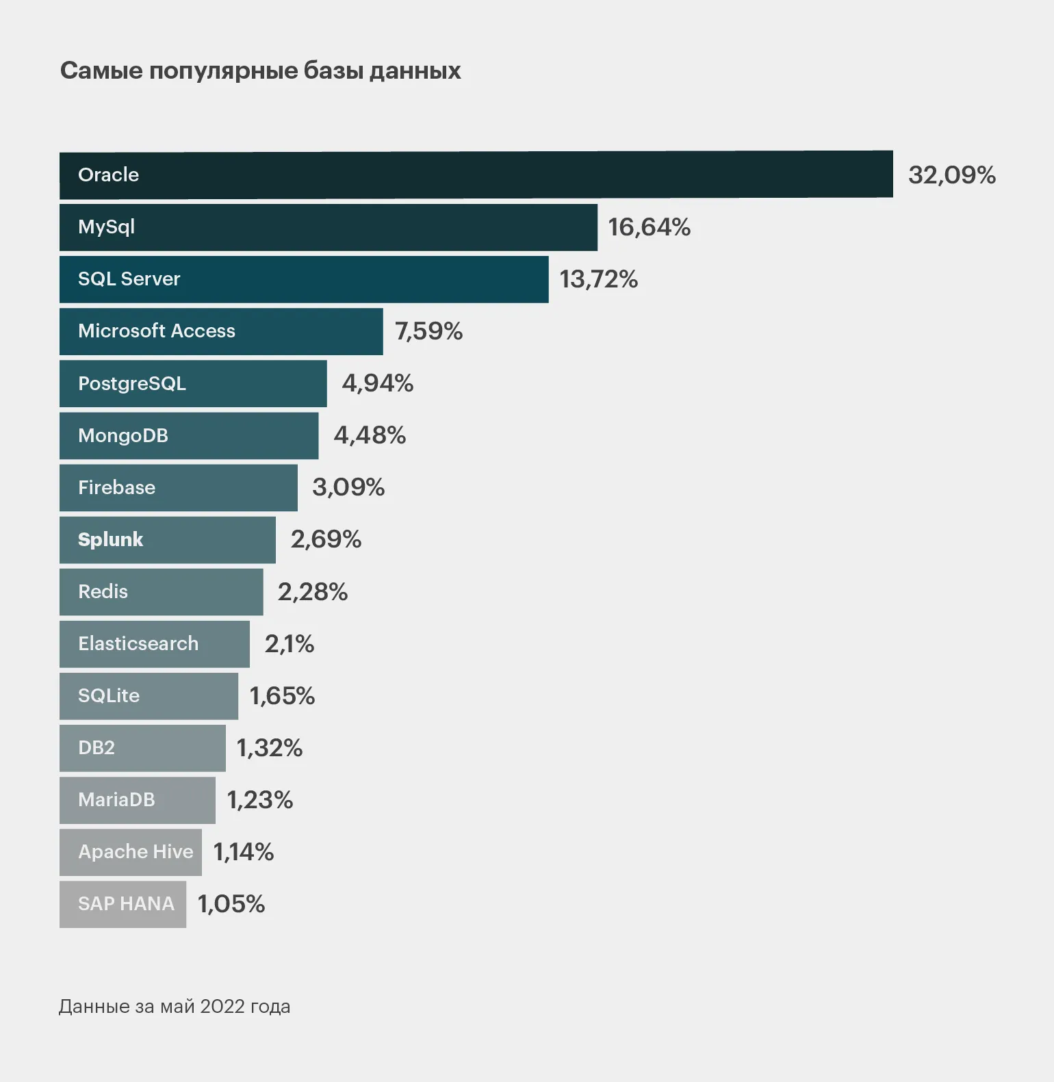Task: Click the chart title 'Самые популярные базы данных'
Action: coord(260,70)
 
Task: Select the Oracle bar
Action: coord(476,175)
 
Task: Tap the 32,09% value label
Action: coord(951,175)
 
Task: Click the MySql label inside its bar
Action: coord(106,227)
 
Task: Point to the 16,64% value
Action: coord(649,227)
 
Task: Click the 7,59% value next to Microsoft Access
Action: coord(428,331)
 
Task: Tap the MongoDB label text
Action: coord(123,436)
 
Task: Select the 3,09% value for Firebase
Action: coord(348,487)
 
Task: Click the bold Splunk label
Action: coord(110,540)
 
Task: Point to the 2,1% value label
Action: coord(289,644)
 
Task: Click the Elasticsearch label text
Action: coord(138,644)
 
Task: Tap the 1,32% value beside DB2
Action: coord(269,748)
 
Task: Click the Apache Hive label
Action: coord(136,852)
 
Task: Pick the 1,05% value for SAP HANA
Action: coord(231,904)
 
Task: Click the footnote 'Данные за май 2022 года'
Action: coord(175,1007)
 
